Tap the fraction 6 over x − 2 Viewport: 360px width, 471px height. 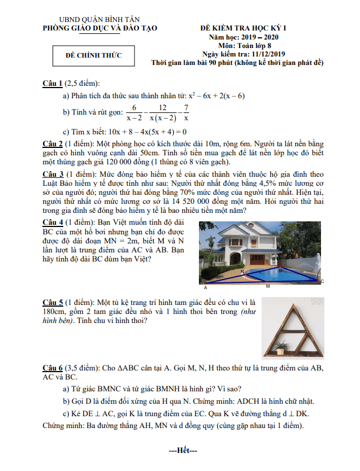coord(134,112)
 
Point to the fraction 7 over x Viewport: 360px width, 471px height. coord(186,112)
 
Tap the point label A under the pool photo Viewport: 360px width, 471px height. coord(205,287)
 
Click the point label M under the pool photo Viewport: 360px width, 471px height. coord(267,286)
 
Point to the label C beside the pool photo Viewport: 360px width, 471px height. coord(322,281)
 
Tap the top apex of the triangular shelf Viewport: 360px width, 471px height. coord(293,307)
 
